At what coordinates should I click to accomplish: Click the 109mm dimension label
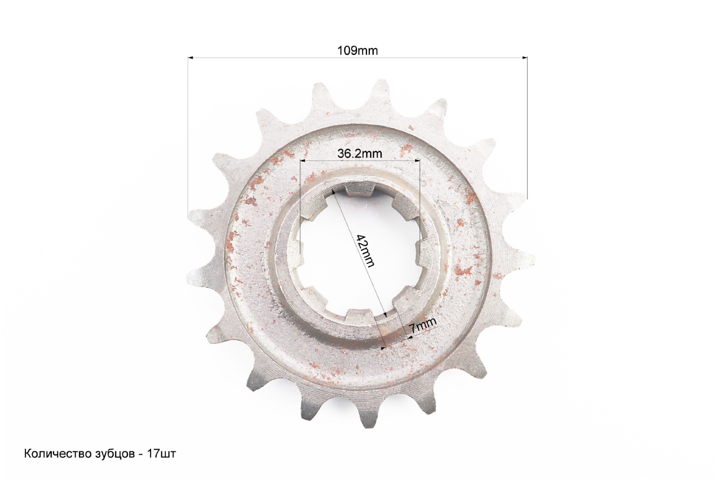pyautogui.click(x=357, y=51)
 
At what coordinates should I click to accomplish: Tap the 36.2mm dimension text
pyautogui.click(x=360, y=154)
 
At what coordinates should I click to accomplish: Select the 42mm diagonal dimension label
pyautogui.click(x=366, y=251)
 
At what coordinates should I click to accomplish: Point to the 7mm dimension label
pyautogui.click(x=423, y=325)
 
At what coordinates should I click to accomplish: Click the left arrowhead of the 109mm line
pyautogui.click(x=190, y=58)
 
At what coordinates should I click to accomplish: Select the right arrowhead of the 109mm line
pyautogui.click(x=525, y=58)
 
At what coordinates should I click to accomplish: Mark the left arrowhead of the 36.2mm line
pyautogui.click(x=302, y=160)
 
